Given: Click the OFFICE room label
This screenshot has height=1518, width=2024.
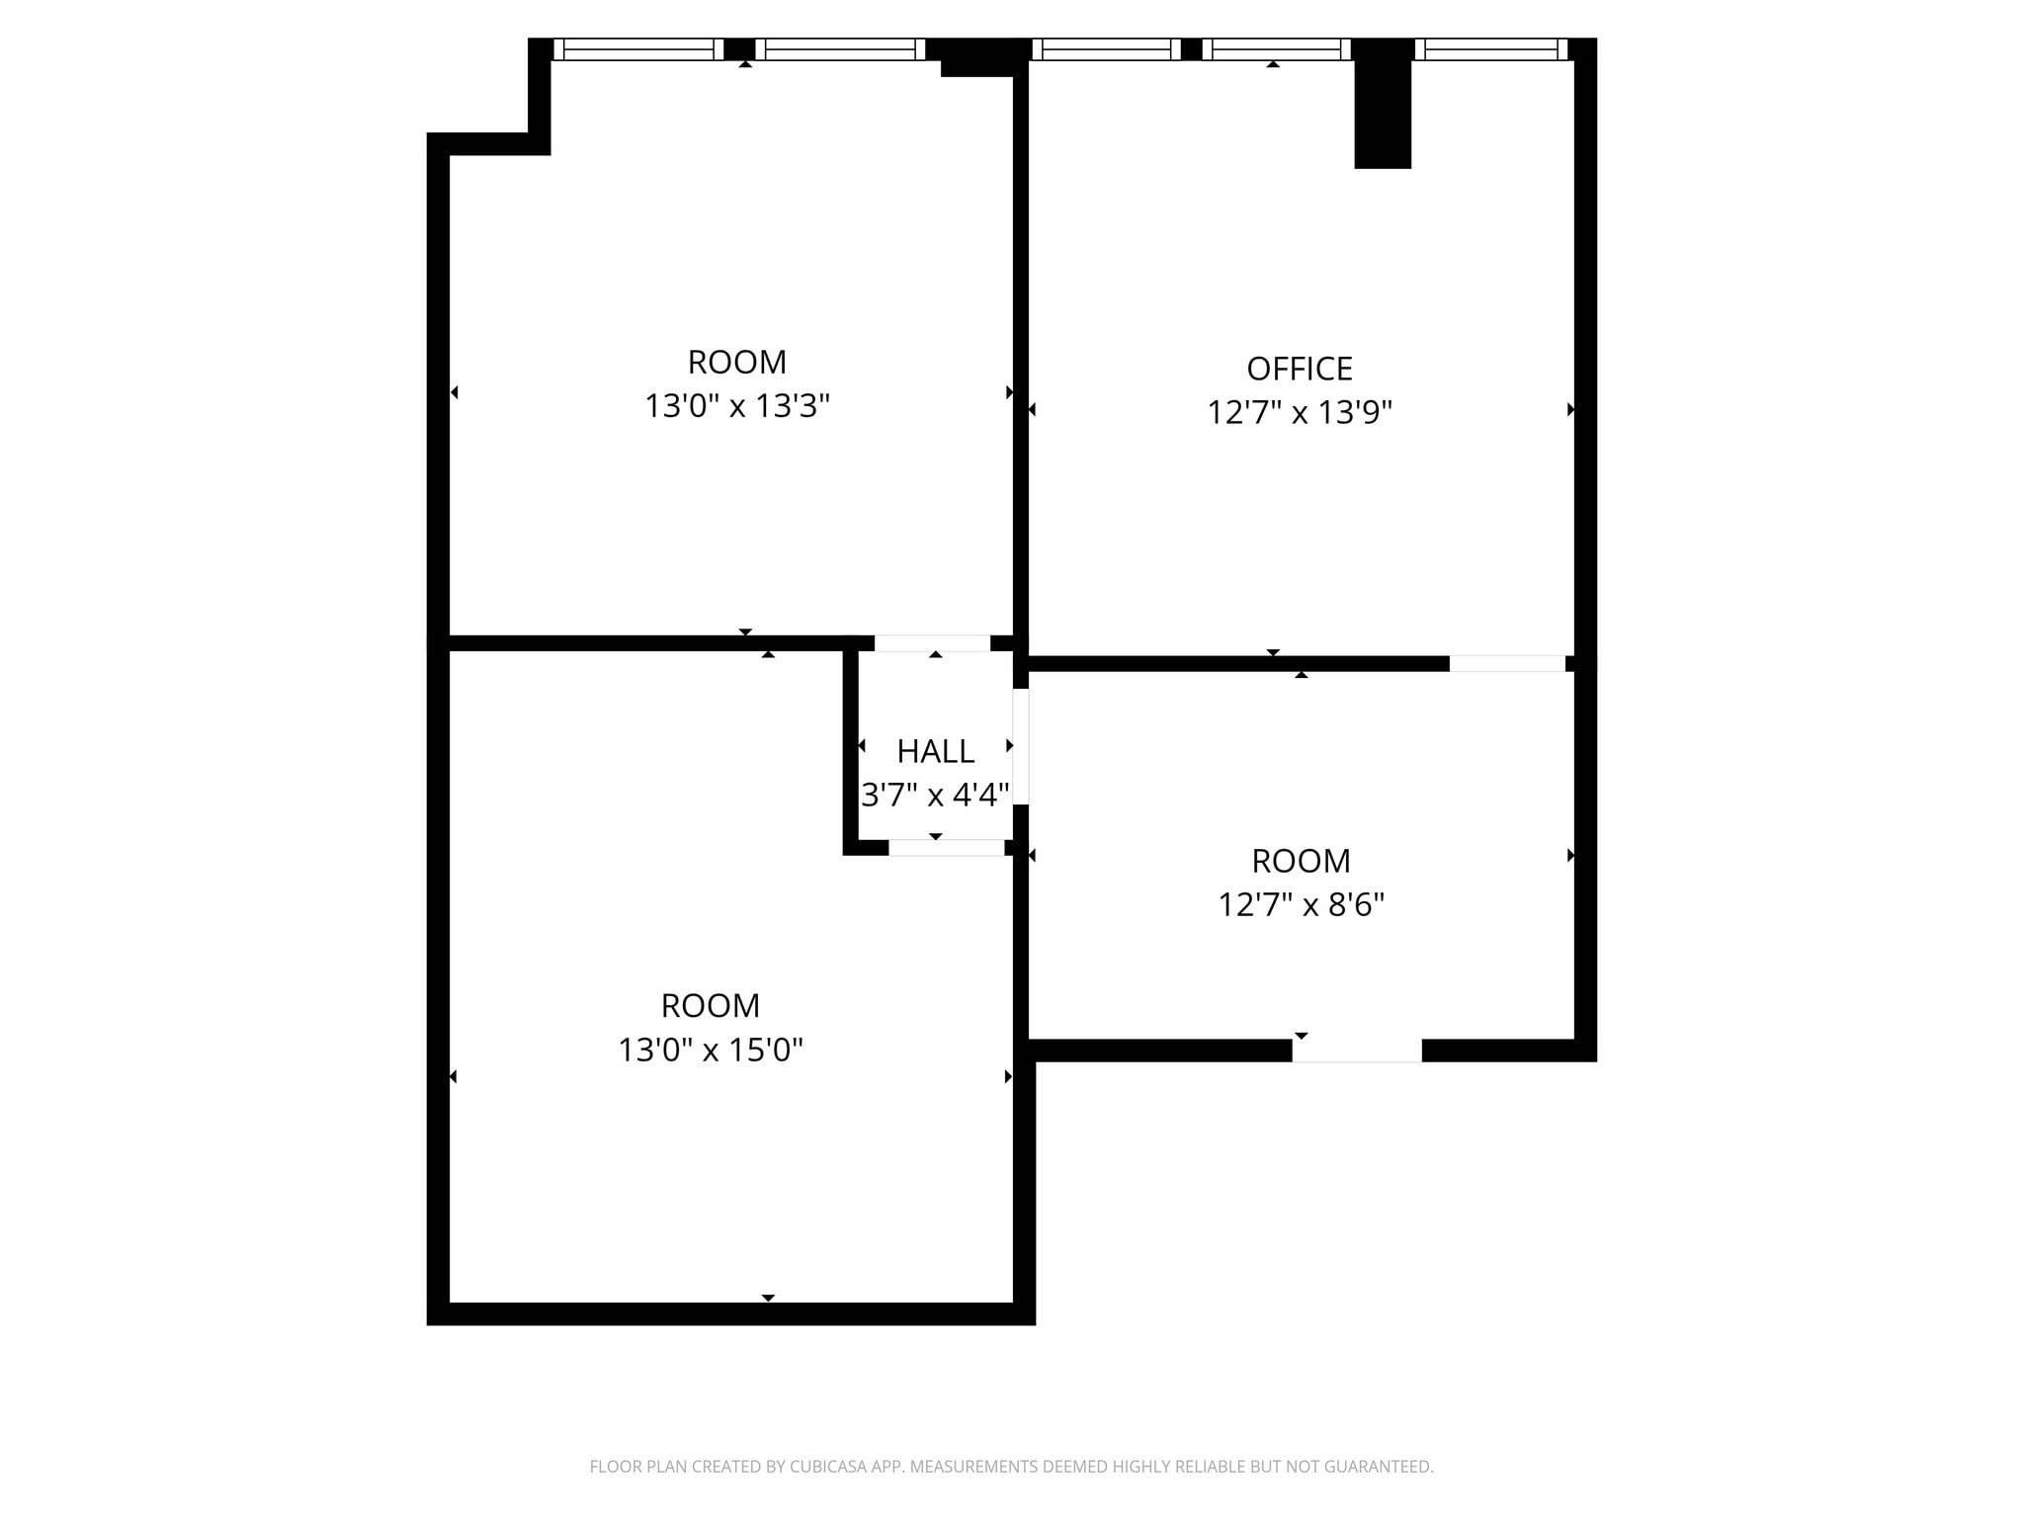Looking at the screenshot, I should (1299, 369).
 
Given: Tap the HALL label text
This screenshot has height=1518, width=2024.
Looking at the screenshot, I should (935, 751).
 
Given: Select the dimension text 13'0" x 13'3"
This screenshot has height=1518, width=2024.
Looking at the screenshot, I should (737, 406).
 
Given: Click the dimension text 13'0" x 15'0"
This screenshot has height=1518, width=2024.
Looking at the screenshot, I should (711, 1050).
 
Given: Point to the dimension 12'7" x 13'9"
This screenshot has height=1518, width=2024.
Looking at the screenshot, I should (1299, 412).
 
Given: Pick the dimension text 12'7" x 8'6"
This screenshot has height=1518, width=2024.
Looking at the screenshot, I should (1301, 904).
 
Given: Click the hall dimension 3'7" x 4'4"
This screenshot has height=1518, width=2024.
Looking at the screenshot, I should (935, 795).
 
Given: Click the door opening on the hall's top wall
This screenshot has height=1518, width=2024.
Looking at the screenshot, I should (932, 643).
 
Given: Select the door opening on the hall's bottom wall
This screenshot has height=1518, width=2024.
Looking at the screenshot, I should (946, 847).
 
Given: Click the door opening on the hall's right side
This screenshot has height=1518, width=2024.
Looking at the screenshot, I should (1021, 746).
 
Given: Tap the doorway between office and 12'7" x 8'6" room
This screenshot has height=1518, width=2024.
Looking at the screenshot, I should (1506, 663).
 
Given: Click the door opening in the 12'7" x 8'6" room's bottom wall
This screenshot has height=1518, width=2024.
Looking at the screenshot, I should (1356, 1051).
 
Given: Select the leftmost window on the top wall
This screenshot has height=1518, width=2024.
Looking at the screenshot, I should (637, 49).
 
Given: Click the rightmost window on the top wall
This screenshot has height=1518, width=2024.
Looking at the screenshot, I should (1490, 49).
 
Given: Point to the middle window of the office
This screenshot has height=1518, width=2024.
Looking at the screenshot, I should (1275, 49).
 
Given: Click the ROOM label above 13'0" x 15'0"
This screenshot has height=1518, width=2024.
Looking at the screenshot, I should (711, 1006).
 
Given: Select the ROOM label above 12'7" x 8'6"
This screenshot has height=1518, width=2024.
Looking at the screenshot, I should (1301, 861).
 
